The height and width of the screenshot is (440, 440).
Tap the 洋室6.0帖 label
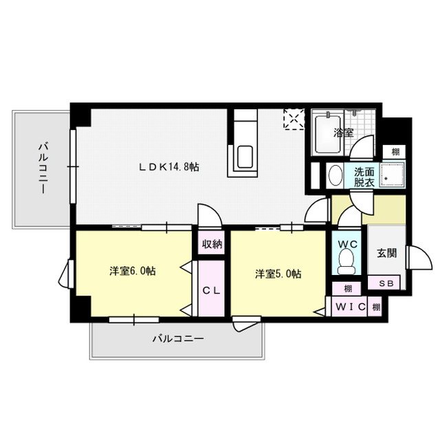click(132, 272)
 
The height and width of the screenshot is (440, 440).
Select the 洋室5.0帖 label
click(278, 274)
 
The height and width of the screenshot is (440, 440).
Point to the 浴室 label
click(344, 132)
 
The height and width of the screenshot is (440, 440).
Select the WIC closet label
click(351, 306)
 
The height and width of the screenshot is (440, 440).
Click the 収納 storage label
click(212, 244)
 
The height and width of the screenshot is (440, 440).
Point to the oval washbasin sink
click(335, 175)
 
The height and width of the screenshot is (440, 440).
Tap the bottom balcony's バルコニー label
click(177, 339)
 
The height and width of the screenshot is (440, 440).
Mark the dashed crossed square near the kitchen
click(295, 119)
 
